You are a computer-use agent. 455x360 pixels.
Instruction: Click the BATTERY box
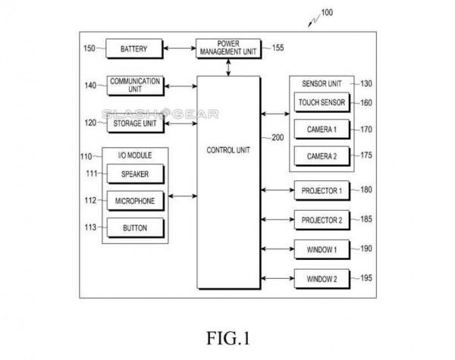pos(133,50)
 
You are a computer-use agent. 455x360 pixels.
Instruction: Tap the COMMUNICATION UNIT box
pos(134,85)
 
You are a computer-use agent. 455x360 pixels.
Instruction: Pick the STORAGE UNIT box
pos(134,123)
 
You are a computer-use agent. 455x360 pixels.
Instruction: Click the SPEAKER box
pos(134,174)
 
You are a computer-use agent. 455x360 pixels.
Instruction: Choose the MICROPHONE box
pos(134,201)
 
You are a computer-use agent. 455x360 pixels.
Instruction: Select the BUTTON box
pos(134,227)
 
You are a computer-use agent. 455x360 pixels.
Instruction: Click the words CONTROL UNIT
pos(227,149)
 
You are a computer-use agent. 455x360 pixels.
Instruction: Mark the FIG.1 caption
pos(227,334)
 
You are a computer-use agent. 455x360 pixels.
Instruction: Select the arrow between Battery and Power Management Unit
pos(180,50)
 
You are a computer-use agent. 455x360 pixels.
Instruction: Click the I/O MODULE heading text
pos(134,155)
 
